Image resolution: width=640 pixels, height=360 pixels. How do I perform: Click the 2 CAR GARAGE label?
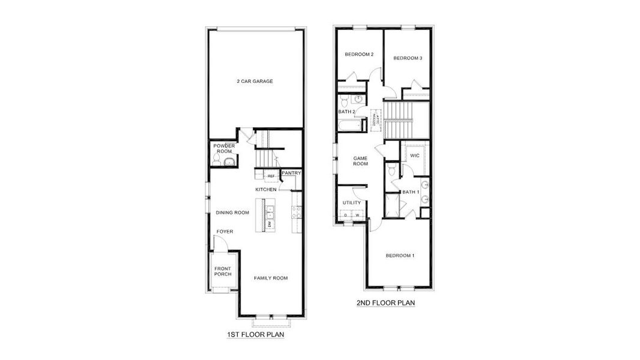point(255,81)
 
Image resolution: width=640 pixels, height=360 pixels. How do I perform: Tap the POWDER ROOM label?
point(223,148)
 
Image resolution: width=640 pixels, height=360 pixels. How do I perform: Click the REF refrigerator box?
point(271,176)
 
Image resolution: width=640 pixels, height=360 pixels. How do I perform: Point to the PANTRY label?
point(291,173)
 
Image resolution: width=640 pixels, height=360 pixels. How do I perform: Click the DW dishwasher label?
point(270,224)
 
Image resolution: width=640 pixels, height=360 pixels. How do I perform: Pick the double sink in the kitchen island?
point(270,211)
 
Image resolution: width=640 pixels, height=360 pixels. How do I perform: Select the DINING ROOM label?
point(232,212)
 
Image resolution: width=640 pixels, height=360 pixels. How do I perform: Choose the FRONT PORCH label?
point(223,271)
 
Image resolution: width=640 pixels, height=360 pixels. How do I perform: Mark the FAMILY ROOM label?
point(270,278)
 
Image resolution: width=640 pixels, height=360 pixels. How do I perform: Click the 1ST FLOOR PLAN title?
point(255,335)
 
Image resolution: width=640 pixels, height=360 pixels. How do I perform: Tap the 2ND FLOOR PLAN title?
point(385,303)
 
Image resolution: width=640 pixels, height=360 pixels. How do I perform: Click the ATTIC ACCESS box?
point(376,119)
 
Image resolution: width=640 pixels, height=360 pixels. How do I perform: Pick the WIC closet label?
point(414,156)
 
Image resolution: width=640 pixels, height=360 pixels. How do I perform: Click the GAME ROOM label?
point(360,160)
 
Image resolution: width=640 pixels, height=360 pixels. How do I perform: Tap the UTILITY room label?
point(351,203)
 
